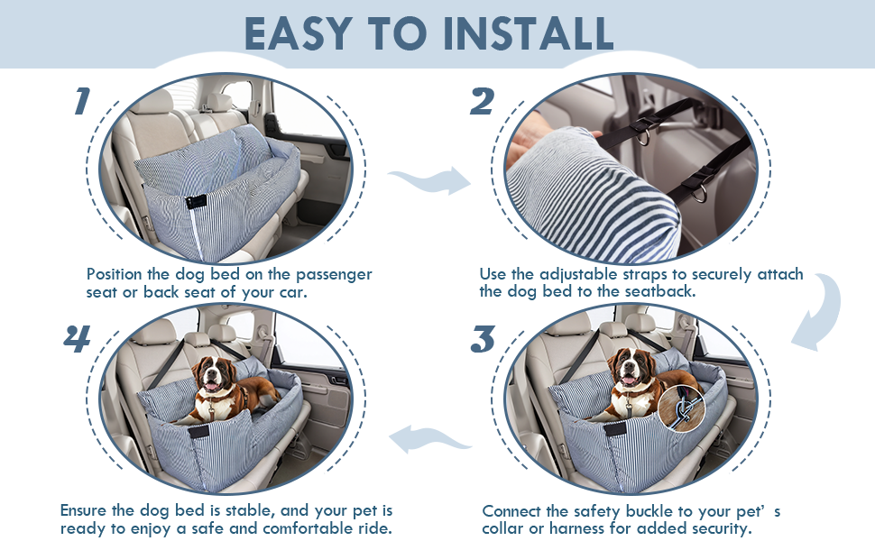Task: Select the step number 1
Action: [x=82, y=101]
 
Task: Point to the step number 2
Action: [x=482, y=101]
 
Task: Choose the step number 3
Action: [x=484, y=340]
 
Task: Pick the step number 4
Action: [x=78, y=340]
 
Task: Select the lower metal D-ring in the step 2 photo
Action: [x=697, y=192]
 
